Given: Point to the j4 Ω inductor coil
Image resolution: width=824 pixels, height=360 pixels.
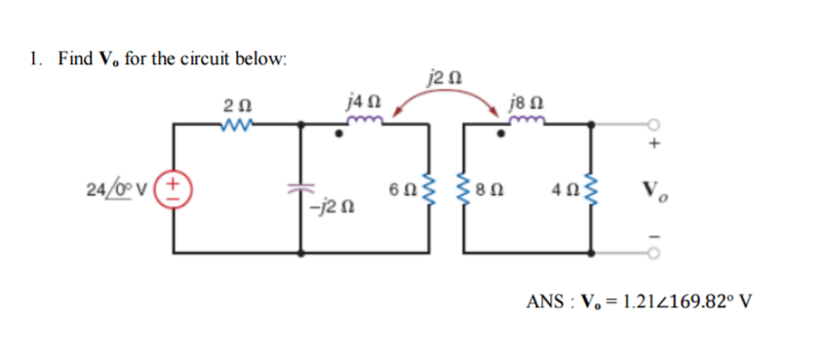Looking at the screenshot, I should click(x=362, y=122).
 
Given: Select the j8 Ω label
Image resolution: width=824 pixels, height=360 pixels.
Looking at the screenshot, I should click(x=521, y=100).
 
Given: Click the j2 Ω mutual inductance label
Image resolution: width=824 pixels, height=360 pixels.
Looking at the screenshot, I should click(x=438, y=74).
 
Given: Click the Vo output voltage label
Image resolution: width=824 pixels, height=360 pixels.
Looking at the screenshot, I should click(x=653, y=186).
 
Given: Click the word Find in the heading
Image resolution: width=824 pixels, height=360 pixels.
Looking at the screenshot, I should click(x=73, y=60).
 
